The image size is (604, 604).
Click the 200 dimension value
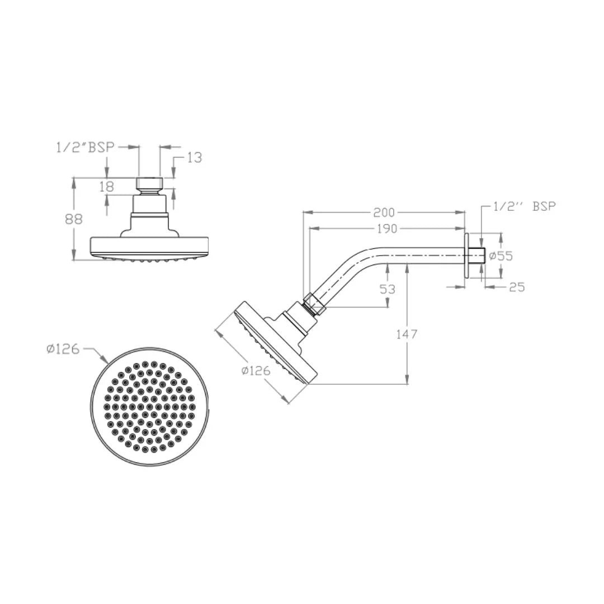click(x=384, y=213)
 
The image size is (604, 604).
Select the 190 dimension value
click(x=386, y=229)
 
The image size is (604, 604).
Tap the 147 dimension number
click(x=407, y=334)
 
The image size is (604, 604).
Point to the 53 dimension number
click(x=387, y=289)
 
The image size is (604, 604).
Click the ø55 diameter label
click(x=501, y=256)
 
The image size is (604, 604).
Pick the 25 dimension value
click(x=517, y=287)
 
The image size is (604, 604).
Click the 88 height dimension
click(x=74, y=219)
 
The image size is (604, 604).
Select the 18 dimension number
click(x=107, y=186)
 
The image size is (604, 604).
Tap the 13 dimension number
click(x=195, y=158)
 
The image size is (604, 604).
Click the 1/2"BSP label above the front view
click(x=86, y=148)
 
